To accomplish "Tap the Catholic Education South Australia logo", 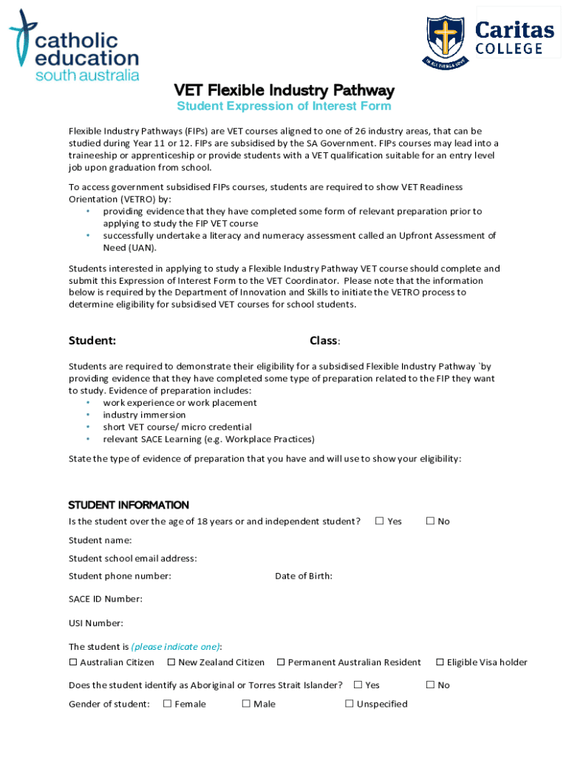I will (74, 46).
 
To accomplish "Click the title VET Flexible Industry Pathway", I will (284, 90).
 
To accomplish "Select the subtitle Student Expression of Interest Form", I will (284, 106).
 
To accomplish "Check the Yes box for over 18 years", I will (379, 521).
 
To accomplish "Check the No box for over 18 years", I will (430, 521).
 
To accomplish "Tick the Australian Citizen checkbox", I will (73, 662).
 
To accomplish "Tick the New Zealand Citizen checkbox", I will (171, 662).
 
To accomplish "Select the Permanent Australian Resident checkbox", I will (281, 662).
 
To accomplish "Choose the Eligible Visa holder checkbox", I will (440, 662).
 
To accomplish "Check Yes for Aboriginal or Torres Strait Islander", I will (358, 685).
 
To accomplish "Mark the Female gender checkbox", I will (167, 704).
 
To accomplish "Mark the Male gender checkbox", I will (246, 704).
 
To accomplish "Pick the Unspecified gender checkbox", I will (350, 704).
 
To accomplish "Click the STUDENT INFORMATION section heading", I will (129, 505).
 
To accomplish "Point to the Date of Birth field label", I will (303, 576).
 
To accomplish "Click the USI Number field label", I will (96, 622).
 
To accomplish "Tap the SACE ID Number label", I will (106, 599).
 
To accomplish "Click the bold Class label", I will (324, 341).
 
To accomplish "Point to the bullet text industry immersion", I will (144, 415).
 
